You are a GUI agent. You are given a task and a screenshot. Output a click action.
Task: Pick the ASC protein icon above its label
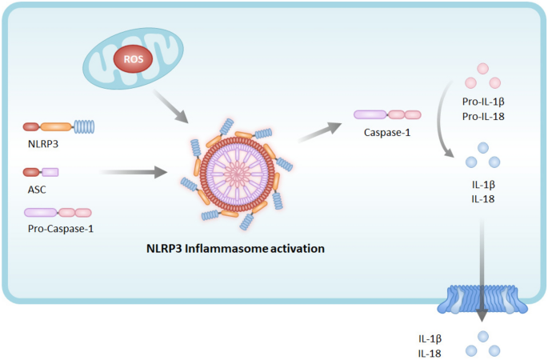(41, 171)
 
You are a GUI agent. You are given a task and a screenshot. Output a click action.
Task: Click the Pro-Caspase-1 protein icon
(58, 213)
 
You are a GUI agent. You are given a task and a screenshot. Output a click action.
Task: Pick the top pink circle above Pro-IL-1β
(482, 68)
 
